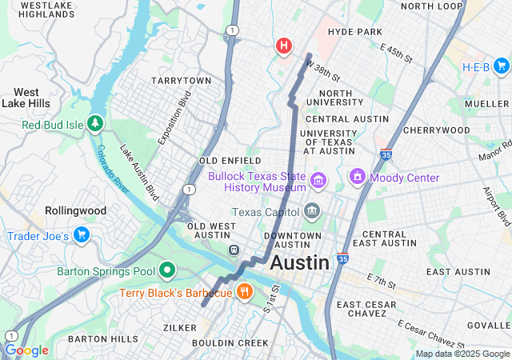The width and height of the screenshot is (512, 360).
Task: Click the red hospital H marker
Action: coord(283,46)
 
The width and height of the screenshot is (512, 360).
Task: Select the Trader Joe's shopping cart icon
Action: coord(81,235)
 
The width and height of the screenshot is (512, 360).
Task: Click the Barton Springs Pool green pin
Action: coord(167,271)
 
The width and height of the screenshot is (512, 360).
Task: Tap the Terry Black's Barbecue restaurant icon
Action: coord(245,293)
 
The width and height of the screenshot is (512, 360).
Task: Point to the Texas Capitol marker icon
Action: coord(312,212)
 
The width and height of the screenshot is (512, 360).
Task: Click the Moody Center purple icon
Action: coord(357,177)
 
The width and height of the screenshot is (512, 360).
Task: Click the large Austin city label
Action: coord(300,262)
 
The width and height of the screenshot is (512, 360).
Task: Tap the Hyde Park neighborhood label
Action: coord(355,31)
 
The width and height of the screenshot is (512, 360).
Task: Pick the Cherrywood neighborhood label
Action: coord(436,130)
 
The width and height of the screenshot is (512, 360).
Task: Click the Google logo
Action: coord(26,350)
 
